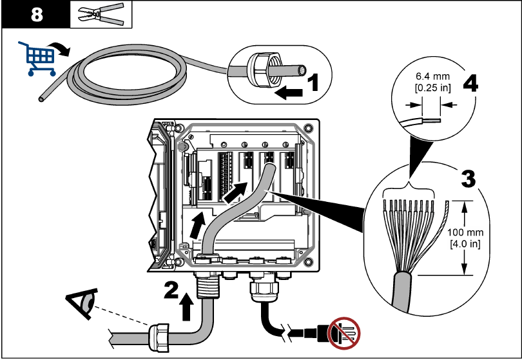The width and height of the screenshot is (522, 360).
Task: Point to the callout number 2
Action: click(171, 291)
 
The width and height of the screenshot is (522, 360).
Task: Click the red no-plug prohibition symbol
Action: click(343, 333)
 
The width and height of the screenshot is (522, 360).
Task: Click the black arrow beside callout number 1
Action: click(287, 94)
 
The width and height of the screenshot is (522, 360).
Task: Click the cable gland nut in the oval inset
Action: click(258, 68)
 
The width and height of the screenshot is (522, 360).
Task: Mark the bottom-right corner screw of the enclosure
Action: click(309, 262)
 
